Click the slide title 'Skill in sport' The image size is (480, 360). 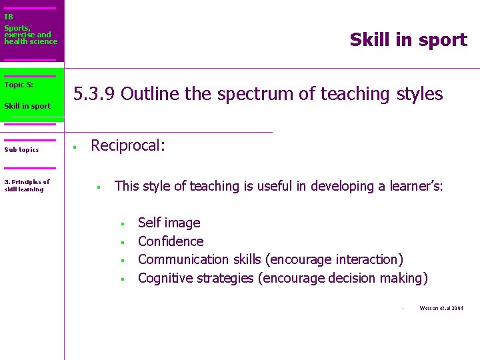click(x=408, y=40)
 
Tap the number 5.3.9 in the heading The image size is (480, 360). click(x=95, y=94)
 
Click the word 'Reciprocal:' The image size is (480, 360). click(x=127, y=145)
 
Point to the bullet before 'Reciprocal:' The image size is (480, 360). click(x=76, y=147)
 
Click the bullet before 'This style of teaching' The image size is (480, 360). click(x=97, y=187)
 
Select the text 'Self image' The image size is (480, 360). click(x=169, y=223)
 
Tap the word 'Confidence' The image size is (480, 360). click(x=171, y=241)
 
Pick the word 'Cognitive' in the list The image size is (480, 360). click(x=167, y=278)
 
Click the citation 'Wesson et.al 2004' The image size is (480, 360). click(x=441, y=308)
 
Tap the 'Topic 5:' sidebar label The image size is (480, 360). click(x=19, y=85)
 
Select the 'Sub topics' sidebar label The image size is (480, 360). click(x=21, y=150)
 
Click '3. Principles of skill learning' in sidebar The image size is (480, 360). click(x=27, y=185)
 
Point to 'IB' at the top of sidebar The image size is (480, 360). click(x=9, y=17)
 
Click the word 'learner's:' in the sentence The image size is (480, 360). click(x=411, y=187)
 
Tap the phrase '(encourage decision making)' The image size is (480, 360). click(x=343, y=278)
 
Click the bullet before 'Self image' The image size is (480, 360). click(x=123, y=223)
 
